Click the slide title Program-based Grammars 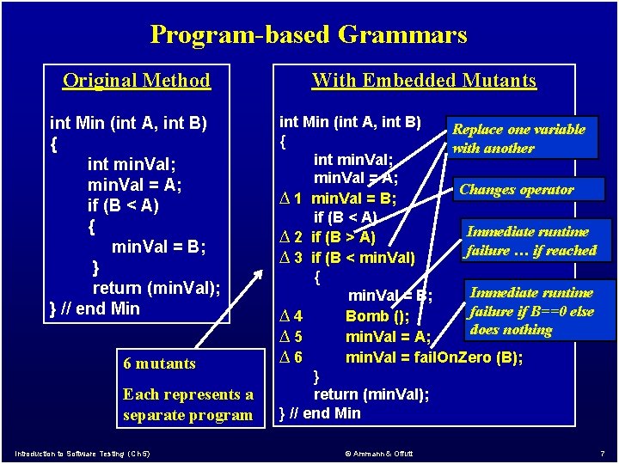[309, 34]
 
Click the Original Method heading [137, 80]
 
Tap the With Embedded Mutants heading [424, 80]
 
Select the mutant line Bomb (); [377, 316]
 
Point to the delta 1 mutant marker [291, 198]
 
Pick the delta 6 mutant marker [291, 357]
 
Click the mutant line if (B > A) [343, 237]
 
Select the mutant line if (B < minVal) [363, 258]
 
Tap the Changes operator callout [529, 189]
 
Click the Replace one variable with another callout [522, 137]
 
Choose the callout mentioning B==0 [540, 310]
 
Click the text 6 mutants [160, 363]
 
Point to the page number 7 [602, 454]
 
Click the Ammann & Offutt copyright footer [379, 454]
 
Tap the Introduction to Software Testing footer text [83, 454]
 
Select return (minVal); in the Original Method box [156, 288]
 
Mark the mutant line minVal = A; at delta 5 [388, 337]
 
